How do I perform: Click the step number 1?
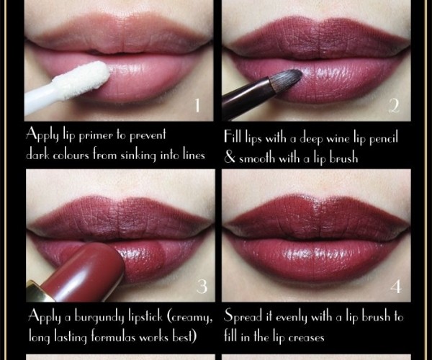(x=197, y=106)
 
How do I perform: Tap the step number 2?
(x=394, y=106)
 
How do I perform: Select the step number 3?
(x=202, y=287)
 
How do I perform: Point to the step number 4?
(x=396, y=287)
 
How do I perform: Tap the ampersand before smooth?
(x=230, y=158)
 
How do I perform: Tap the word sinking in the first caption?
(x=138, y=156)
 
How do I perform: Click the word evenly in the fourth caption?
(x=292, y=318)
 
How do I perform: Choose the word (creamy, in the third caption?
(x=190, y=318)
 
